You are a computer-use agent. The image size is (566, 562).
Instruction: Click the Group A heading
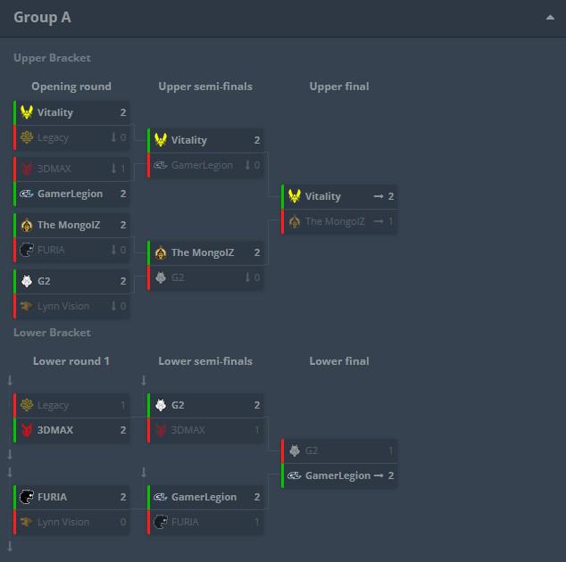pyautogui.click(x=42, y=17)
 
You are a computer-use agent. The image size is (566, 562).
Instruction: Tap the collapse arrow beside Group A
pyautogui.click(x=550, y=17)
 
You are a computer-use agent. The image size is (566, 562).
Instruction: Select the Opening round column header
pyautogui.click(x=71, y=87)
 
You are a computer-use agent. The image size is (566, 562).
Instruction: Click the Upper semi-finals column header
pyautogui.click(x=205, y=87)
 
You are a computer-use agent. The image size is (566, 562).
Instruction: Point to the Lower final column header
pyautogui.click(x=339, y=361)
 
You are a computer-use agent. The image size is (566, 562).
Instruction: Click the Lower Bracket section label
pyautogui.click(x=53, y=333)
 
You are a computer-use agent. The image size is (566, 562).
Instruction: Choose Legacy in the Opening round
pyautogui.click(x=53, y=137)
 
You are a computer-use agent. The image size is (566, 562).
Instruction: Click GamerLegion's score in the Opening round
pyautogui.click(x=123, y=194)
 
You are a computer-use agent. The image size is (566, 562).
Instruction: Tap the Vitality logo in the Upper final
pyautogui.click(x=295, y=196)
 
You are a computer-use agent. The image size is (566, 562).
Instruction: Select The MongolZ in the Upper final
pyautogui.click(x=335, y=221)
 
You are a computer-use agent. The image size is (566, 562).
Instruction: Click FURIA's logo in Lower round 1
pyautogui.click(x=27, y=497)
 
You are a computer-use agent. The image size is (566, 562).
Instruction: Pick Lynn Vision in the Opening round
pyautogui.click(x=63, y=306)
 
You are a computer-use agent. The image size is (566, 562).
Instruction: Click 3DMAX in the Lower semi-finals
pyautogui.click(x=187, y=430)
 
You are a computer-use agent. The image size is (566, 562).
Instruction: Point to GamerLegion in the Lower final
pyautogui.click(x=337, y=475)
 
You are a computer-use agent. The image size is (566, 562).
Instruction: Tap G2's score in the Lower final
pyautogui.click(x=390, y=450)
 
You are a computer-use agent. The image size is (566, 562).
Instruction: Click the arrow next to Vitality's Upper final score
pyautogui.click(x=379, y=196)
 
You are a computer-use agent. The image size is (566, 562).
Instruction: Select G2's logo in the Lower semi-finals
pyautogui.click(x=161, y=405)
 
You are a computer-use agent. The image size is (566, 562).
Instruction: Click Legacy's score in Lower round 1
pyautogui.click(x=123, y=405)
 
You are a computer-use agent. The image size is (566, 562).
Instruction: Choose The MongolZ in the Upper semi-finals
pyautogui.click(x=203, y=252)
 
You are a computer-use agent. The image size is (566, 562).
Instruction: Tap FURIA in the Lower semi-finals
pyautogui.click(x=185, y=522)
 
